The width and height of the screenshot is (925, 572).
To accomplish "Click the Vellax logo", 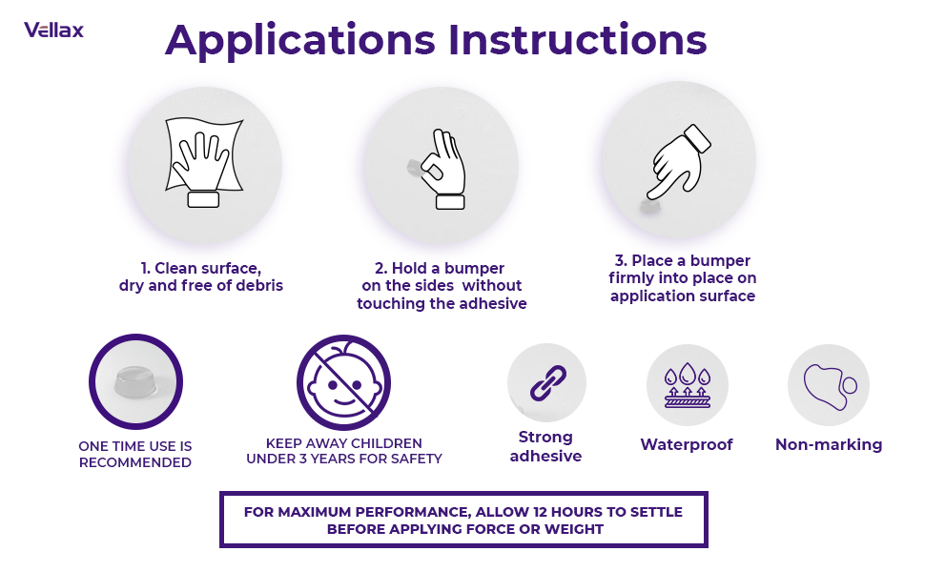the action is [53, 30].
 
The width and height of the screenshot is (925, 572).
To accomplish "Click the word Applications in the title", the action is [300, 41].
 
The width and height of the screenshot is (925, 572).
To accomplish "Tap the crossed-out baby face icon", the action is [343, 382].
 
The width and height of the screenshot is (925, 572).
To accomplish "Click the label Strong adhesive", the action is [545, 446].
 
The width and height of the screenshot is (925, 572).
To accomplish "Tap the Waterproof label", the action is [687, 444].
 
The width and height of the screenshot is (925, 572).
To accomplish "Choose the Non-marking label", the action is [829, 444].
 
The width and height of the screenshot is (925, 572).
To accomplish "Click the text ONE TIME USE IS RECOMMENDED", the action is [134, 454].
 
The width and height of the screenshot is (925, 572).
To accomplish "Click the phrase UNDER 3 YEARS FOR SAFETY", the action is [344, 459].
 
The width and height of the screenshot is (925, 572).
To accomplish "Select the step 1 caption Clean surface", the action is [201, 276].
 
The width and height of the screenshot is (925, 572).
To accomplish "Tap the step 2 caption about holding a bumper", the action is [442, 286].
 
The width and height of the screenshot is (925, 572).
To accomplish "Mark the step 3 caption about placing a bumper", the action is [683, 278].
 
